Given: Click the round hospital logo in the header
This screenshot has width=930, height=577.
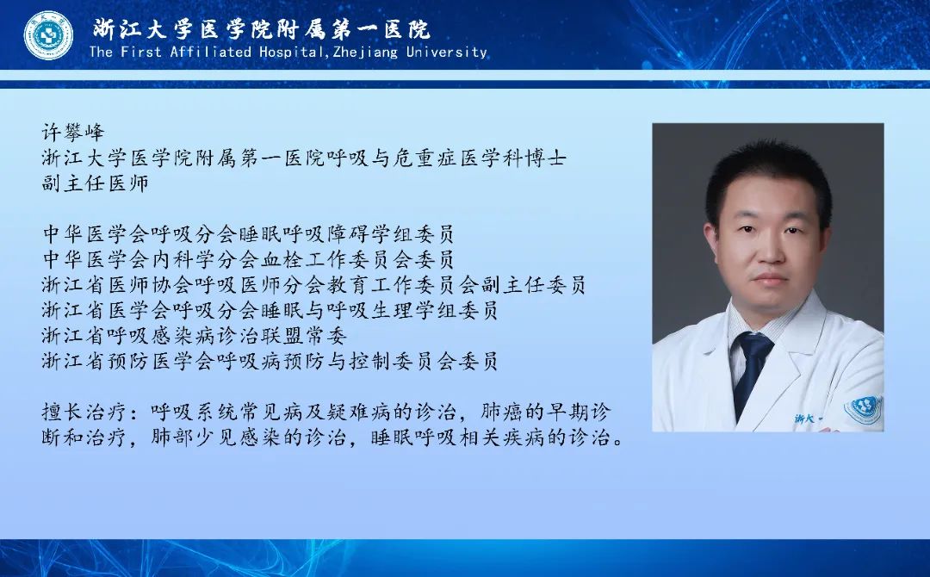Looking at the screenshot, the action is pos(48,35).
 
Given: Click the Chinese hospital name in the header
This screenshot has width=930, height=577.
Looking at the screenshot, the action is pos(262,29).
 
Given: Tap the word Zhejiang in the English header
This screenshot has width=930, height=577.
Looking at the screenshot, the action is pos(366,53).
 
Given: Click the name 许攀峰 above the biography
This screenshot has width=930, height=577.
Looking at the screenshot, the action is pos(73,132).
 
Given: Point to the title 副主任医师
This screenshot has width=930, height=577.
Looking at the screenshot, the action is pos(95,183).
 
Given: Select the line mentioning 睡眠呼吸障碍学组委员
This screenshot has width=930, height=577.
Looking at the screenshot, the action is pos(248,233).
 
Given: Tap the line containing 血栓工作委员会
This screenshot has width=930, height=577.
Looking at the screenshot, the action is pos(248,259).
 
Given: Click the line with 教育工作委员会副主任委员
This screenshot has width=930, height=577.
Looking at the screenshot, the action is pos(313,285).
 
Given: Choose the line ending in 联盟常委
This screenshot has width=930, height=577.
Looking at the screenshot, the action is pos(194,336).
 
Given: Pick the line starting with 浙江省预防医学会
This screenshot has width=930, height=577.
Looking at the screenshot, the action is pos(270,361).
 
